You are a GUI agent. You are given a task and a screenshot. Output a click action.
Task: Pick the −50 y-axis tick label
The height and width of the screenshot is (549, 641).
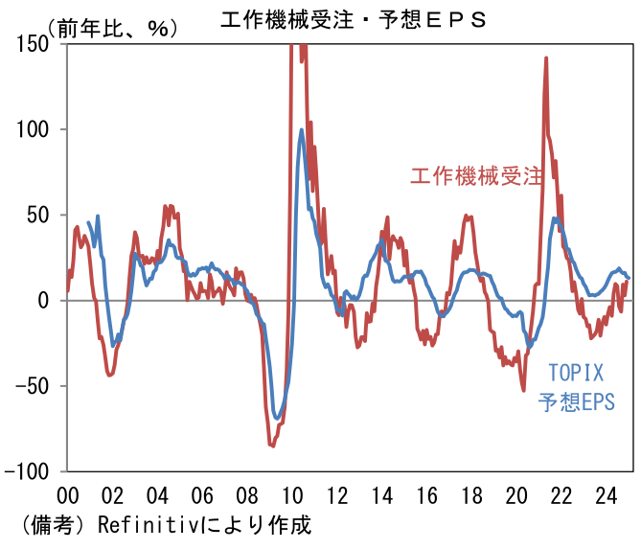[35, 386]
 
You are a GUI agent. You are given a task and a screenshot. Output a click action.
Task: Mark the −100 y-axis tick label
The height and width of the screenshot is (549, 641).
[30, 471]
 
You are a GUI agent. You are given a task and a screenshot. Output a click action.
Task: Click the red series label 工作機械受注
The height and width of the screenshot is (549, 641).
[476, 176]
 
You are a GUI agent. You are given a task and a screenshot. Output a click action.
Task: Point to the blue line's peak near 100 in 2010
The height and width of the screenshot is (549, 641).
[302, 130]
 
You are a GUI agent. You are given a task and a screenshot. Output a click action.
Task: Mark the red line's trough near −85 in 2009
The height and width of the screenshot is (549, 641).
[272, 446]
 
